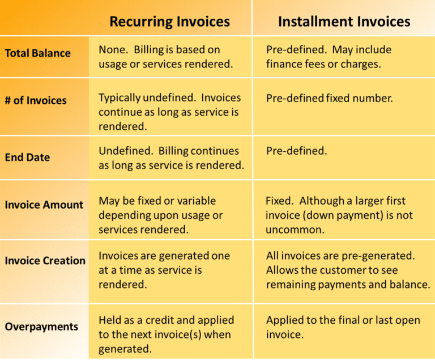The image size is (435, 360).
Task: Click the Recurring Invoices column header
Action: coord(169,22)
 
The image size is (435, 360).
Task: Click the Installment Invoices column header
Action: coord(344,22)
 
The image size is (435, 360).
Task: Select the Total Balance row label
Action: coord(38,53)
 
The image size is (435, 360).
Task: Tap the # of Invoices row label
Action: coord(36,100)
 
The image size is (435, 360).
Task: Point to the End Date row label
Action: coord(27,157)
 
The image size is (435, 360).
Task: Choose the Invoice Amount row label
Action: coord(44,205)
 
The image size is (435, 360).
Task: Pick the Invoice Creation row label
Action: coord(45,261)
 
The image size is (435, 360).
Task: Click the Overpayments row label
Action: coord(41,327)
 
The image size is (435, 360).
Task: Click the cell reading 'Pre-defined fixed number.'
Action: coord(329,98)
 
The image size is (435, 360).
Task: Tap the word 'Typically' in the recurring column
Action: coord(120,98)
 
